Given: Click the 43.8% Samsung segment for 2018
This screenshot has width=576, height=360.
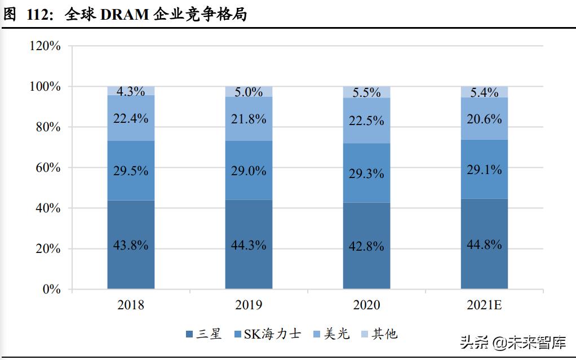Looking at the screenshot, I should (131, 245).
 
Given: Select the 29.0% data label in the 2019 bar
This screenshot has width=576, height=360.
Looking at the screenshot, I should (249, 171).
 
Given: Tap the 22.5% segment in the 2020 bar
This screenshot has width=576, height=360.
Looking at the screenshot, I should (366, 121).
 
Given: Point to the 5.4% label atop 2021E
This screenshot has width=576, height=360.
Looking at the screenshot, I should (484, 92).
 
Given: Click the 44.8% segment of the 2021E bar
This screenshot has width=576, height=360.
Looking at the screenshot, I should (484, 244).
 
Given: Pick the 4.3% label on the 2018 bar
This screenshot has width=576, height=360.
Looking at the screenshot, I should (131, 91).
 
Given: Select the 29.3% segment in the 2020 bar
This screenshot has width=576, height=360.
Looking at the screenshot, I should (366, 174).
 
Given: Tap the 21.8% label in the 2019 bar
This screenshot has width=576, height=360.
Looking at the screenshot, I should (249, 119).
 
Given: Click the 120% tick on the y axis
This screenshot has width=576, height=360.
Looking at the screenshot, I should (45, 46).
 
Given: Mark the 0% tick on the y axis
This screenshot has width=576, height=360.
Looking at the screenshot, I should (51, 289).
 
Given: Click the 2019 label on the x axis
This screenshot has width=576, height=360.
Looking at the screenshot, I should (249, 305).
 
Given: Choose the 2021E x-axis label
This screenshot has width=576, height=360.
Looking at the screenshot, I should (484, 305).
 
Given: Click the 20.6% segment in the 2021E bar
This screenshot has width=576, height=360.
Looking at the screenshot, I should (484, 118).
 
